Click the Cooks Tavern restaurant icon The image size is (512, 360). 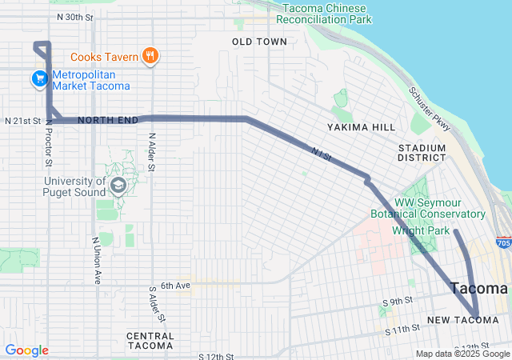[149, 55]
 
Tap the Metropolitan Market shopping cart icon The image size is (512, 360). [38, 78]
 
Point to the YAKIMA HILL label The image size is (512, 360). [361, 127]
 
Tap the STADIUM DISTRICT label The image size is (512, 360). [422, 152]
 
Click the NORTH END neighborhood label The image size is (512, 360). [108, 120]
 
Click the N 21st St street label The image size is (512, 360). [22, 121]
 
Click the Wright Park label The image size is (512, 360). [418, 230]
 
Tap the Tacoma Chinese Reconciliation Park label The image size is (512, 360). [335, 13]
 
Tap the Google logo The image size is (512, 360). [26, 350]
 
